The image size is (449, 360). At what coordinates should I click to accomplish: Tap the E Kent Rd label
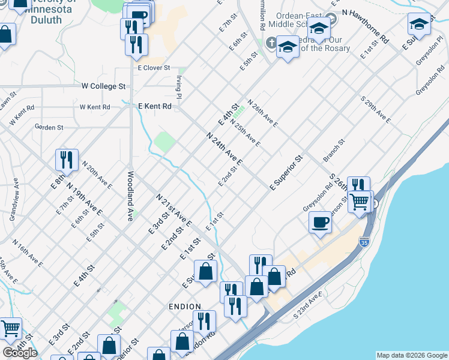pos(155,106)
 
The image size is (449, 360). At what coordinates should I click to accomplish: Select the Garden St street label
pos(49,127)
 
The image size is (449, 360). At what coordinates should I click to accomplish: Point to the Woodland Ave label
pos(130,196)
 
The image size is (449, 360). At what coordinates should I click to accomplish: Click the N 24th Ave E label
pos(224,149)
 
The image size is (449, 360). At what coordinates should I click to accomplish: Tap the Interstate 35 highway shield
pos(364,241)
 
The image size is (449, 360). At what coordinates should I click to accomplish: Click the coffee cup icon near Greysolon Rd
pos(320,223)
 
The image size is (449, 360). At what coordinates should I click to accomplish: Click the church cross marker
pos(271,43)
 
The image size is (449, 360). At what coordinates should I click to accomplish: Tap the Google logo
pos(20,353)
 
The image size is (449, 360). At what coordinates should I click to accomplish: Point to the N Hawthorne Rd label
pos(366,26)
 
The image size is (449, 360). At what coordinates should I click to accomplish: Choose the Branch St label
pos(334,151)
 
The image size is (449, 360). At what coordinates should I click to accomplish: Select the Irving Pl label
pos(179,86)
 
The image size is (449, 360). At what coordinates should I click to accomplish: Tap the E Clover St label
pos(154,68)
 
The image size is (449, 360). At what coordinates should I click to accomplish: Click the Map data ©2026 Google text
pos(411,355)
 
